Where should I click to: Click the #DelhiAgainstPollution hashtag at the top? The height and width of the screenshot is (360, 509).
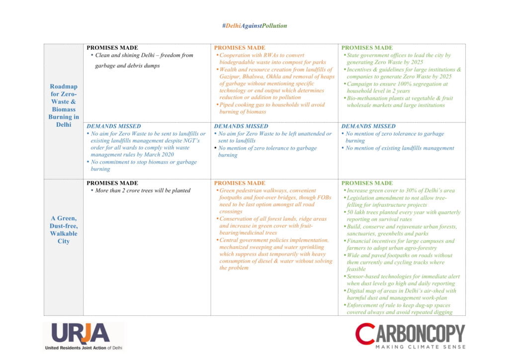click(x=254, y=26)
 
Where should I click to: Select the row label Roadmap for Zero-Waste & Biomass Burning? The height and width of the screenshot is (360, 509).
click(x=64, y=105)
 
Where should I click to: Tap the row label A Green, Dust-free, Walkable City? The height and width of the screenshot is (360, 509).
click(x=64, y=230)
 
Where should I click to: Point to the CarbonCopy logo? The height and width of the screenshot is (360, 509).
click(x=410, y=333)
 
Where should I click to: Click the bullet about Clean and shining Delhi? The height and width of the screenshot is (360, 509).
click(x=144, y=60)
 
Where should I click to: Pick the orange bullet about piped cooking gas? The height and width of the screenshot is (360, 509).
click(x=271, y=108)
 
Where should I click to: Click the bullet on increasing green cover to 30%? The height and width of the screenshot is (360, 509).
click(x=401, y=190)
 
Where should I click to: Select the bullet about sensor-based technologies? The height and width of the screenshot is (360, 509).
click(x=403, y=280)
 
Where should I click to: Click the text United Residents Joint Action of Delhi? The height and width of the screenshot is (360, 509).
click(x=83, y=347)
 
